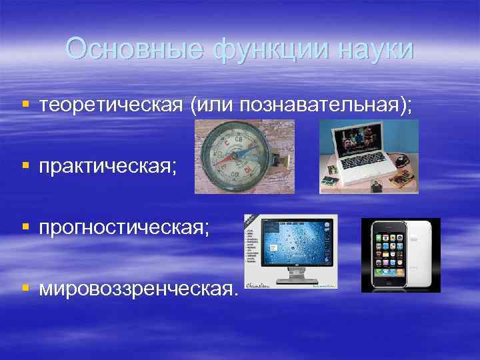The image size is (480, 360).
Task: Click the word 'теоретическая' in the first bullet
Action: [x=111, y=105]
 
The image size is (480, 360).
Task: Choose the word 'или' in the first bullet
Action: [x=211, y=105]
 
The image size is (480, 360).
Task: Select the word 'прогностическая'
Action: [x=123, y=227]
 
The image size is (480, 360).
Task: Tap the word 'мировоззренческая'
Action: [x=137, y=288]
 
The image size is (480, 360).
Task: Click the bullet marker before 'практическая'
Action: [x=25, y=165]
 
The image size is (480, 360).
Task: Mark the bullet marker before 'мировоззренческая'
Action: [x=25, y=288]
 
